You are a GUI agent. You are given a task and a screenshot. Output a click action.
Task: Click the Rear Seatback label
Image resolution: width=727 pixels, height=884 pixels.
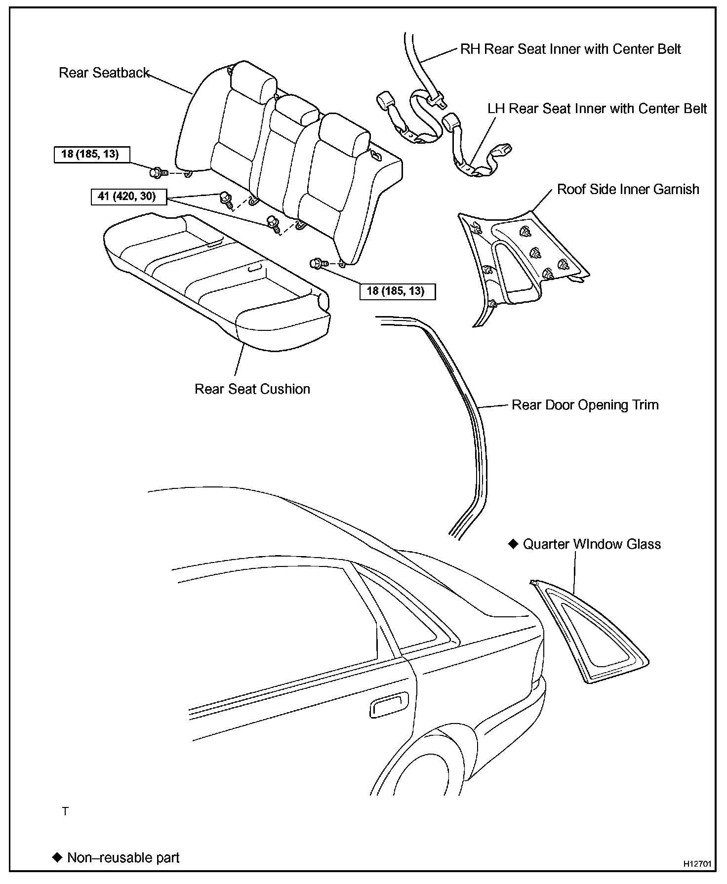pyautogui.click(x=104, y=73)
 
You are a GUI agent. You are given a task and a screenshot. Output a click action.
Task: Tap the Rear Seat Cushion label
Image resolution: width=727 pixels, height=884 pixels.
pyautogui.click(x=252, y=389)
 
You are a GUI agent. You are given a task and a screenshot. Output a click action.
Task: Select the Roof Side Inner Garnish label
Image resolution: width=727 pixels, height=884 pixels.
pyautogui.click(x=628, y=189)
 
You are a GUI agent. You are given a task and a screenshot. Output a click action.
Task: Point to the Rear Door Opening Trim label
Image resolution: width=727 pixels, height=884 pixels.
pyautogui.click(x=585, y=405)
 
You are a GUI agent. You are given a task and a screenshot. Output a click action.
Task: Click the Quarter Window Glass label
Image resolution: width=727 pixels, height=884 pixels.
pyautogui.click(x=592, y=544)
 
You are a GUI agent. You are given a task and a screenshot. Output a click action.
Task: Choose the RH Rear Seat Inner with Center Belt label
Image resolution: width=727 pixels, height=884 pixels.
pyautogui.click(x=570, y=49)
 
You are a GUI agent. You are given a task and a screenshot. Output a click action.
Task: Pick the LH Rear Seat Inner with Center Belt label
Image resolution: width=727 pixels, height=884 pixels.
pyautogui.click(x=597, y=109)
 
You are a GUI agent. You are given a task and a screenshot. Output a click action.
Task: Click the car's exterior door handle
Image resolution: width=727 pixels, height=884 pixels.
pyautogui.click(x=389, y=705)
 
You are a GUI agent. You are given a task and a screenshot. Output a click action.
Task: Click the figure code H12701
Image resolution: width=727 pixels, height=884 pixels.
pyautogui.click(x=697, y=864)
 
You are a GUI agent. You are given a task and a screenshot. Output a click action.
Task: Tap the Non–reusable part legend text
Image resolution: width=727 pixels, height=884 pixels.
pyautogui.click(x=123, y=857)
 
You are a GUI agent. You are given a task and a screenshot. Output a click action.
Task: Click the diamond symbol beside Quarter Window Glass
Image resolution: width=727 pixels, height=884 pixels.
pyautogui.click(x=513, y=544)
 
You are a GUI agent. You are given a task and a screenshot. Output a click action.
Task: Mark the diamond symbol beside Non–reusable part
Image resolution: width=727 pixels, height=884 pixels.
pyautogui.click(x=57, y=857)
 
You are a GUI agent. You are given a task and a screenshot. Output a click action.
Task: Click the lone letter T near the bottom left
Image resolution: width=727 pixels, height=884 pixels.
pyautogui.click(x=65, y=811)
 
